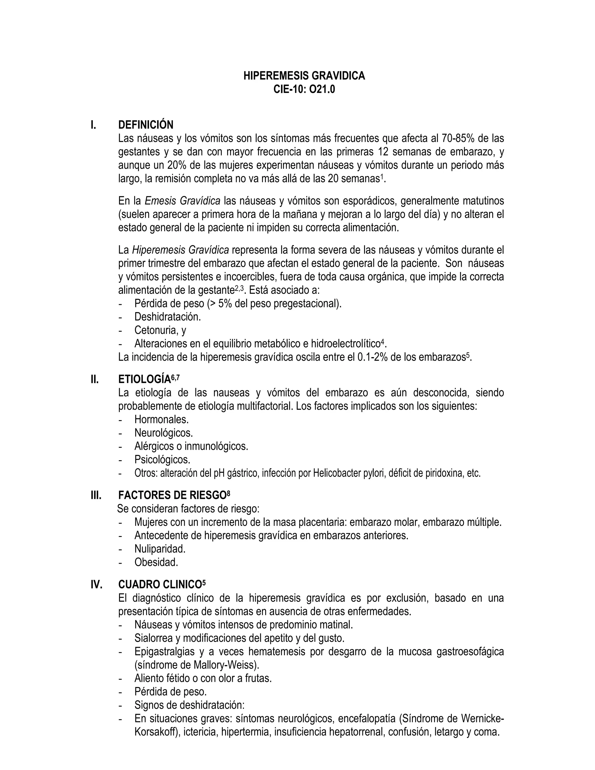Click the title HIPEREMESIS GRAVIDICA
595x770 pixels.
coord(304,76)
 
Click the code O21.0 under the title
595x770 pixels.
coord(322,89)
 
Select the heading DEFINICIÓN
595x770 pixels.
coord(146,125)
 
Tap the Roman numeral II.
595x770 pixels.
coord(94,379)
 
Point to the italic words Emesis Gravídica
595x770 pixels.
coord(182,201)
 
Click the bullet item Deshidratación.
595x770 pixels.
coord(167,317)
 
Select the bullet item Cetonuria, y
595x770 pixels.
coord(160,330)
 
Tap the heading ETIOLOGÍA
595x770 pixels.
coord(144,379)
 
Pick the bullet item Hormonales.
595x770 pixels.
coord(162,420)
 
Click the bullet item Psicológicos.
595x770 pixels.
coord(162,460)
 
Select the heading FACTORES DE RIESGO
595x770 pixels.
coord(172,495)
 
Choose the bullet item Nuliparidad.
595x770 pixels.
coord(160,549)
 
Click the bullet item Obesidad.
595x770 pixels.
coord(156,562)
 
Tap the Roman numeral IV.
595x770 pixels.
coord(96,585)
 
